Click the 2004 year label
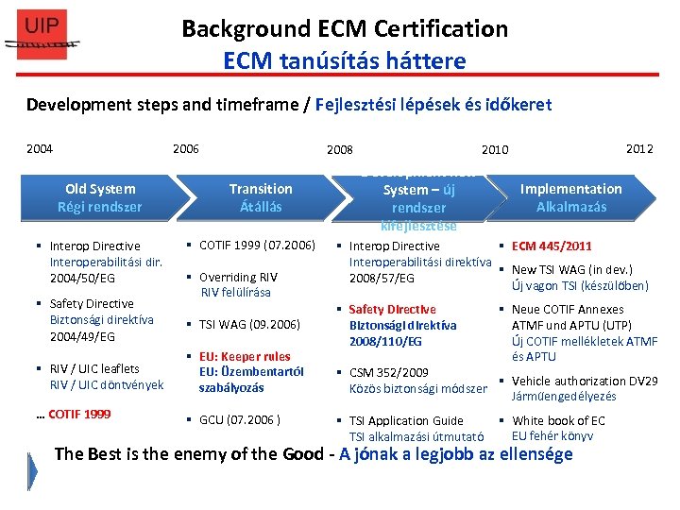40,148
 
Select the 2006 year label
185,148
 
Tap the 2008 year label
339,149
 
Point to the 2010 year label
495,149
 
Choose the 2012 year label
639,148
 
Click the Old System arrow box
99,197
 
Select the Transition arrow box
261,197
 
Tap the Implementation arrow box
570,197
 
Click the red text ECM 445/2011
552,246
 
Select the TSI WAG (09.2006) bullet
249,324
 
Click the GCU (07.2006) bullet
239,420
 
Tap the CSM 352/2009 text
388,372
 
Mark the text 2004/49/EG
82,336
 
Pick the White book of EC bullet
558,420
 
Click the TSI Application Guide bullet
406,420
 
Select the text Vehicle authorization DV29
584,381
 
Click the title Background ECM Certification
345,28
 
